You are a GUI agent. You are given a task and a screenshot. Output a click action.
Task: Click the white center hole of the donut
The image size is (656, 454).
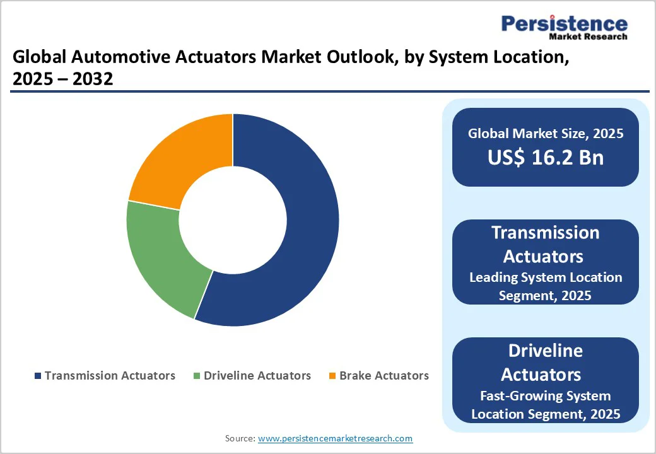click(232, 219)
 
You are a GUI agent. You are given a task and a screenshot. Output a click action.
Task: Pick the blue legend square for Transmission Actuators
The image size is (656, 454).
click(38, 376)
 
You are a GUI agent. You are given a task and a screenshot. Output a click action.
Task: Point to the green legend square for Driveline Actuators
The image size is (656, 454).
click(197, 376)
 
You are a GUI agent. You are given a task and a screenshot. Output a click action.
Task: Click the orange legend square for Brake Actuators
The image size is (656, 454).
click(332, 376)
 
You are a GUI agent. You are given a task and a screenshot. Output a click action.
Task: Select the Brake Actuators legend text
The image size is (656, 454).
click(384, 376)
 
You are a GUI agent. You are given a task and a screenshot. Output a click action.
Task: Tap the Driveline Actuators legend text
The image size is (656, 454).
click(257, 376)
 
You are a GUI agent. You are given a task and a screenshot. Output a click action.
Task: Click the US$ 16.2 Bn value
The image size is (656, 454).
click(545, 158)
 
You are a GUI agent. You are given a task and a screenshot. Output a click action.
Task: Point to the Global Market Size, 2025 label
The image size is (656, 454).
click(545, 134)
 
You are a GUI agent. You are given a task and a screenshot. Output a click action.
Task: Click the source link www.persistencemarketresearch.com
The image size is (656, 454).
click(335, 438)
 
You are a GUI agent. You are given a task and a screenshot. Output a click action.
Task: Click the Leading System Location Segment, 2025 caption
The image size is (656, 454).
click(545, 286)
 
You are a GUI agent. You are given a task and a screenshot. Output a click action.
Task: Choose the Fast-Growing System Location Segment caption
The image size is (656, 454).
click(545, 405)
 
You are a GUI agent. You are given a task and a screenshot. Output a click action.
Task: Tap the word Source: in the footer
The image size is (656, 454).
click(240, 438)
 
